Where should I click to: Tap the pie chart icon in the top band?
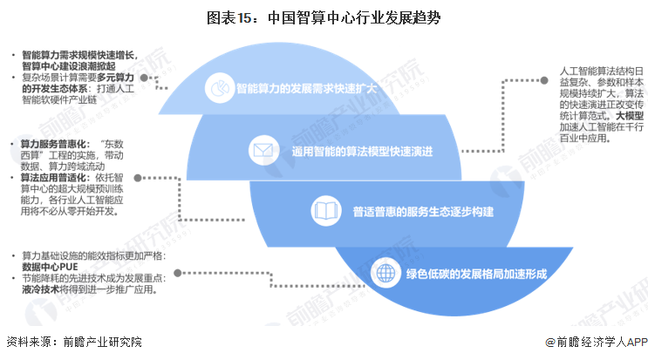point(217,88)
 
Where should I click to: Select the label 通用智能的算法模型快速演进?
point(363,150)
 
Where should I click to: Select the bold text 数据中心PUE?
point(53,267)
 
